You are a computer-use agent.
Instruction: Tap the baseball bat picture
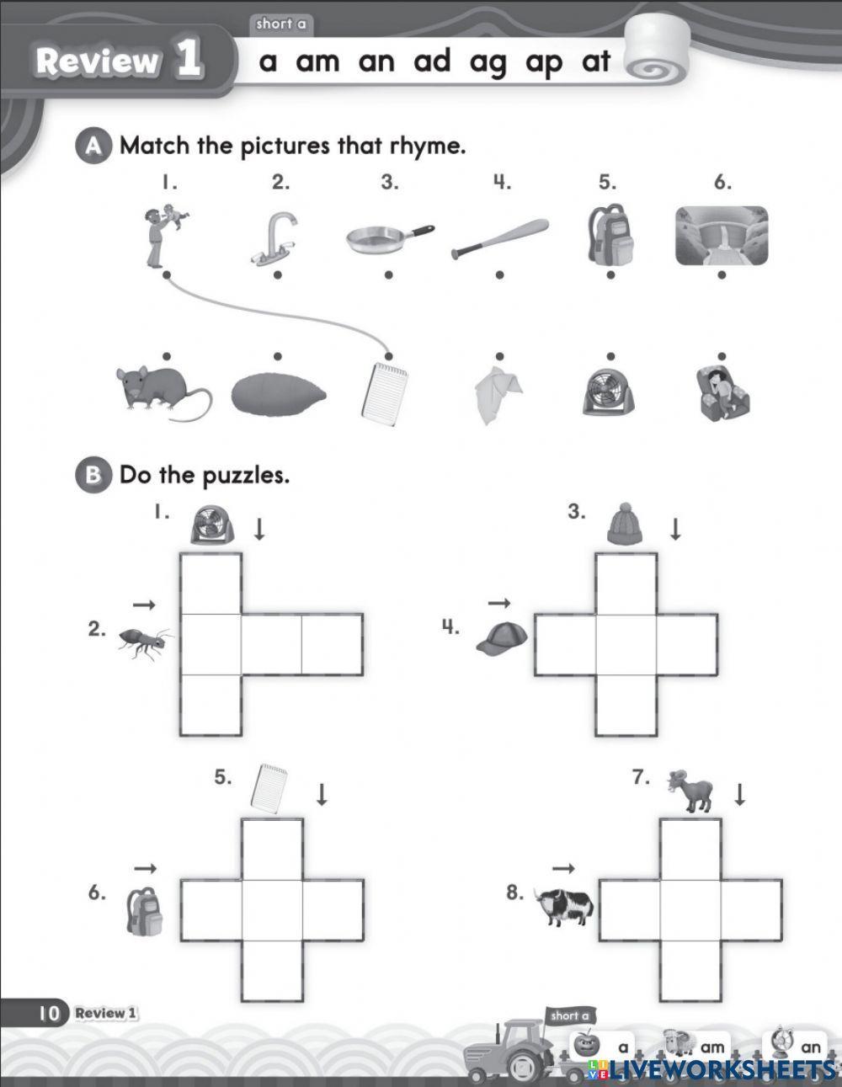500,237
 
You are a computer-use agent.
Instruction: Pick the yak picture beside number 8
566,906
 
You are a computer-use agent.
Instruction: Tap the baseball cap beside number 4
502,638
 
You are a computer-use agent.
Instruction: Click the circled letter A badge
93,147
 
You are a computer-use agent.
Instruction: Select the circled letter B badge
93,476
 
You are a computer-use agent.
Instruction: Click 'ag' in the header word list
488,63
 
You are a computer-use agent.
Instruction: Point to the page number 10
48,1013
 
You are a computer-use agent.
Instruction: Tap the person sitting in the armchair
722,392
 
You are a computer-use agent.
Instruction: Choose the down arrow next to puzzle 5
321,794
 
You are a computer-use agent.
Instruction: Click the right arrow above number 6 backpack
146,869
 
